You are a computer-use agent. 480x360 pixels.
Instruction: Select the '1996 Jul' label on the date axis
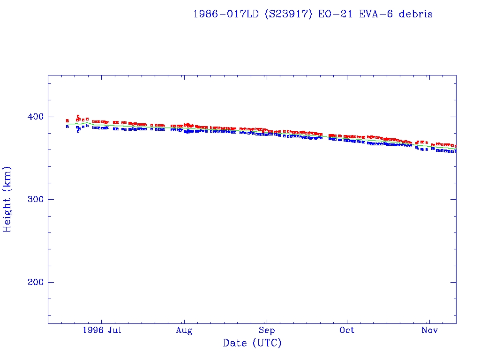[x=102, y=330]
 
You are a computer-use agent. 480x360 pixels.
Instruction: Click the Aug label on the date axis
[x=184, y=330]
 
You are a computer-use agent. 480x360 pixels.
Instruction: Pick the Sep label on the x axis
[x=266, y=330]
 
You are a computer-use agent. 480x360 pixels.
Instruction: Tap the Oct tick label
[x=347, y=330]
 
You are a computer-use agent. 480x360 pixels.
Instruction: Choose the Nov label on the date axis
[x=429, y=330]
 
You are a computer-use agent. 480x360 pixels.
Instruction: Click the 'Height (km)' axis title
[x=7, y=199]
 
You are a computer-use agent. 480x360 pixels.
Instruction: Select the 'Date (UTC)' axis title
[x=252, y=343]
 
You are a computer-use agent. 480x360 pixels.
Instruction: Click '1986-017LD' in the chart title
[x=225, y=14]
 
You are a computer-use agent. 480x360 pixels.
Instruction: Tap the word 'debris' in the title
[x=416, y=14]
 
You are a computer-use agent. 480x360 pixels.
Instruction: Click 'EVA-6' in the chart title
[x=375, y=14]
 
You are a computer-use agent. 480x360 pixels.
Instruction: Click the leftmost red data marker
[x=67, y=120]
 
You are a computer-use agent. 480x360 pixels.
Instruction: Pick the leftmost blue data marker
[x=67, y=127]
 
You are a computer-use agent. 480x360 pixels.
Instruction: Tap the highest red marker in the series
[x=78, y=116]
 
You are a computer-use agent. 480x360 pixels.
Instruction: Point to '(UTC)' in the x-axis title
[x=267, y=343]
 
